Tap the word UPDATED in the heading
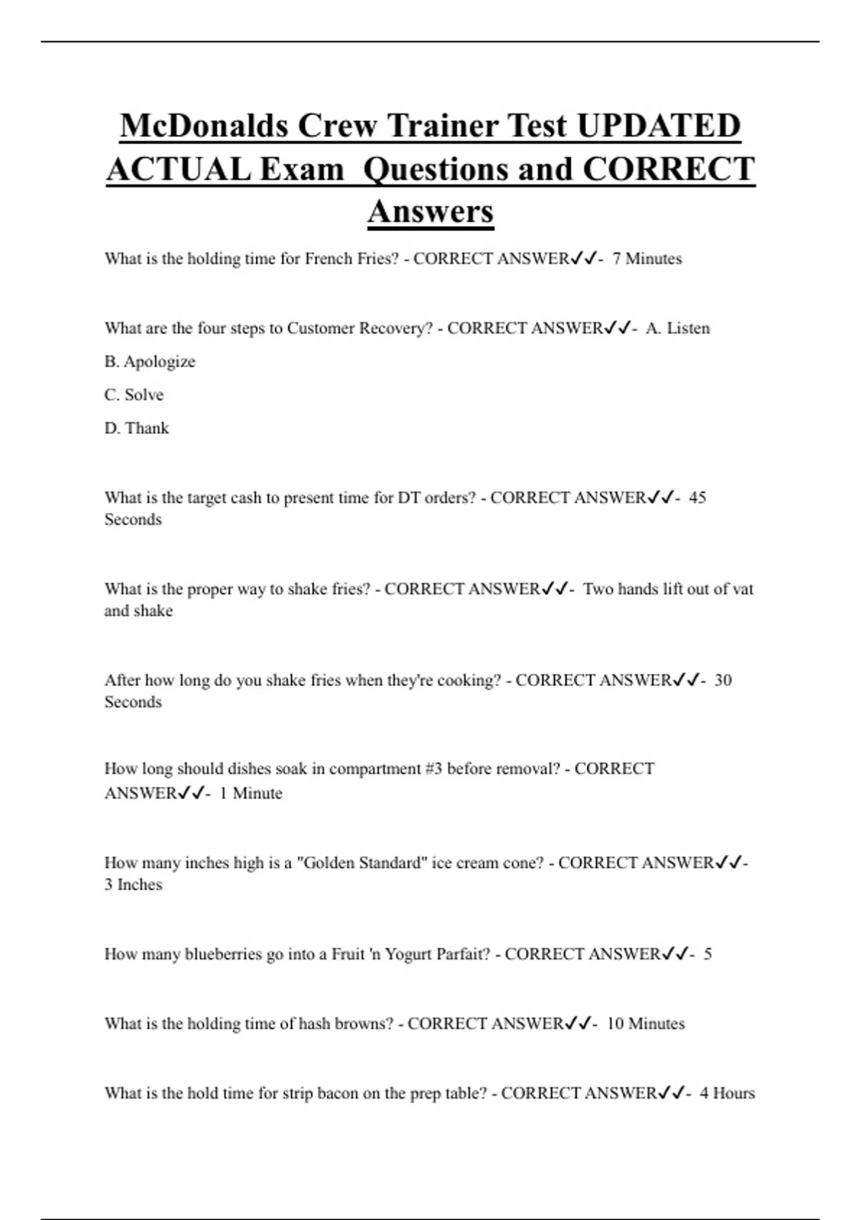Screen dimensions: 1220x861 (658, 126)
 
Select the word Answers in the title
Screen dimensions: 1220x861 (430, 211)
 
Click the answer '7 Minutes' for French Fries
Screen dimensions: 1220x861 (646, 258)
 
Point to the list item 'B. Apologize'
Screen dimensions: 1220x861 (150, 362)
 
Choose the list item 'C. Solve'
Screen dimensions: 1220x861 (134, 395)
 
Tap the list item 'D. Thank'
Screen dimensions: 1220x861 (137, 428)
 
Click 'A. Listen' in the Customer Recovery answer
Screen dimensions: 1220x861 (677, 328)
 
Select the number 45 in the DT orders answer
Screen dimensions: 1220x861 (697, 497)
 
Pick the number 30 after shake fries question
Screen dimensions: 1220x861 (723, 680)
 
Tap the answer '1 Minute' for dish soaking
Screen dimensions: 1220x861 (250, 793)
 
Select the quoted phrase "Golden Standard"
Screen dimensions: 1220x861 (361, 863)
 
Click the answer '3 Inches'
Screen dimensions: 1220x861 (133, 884)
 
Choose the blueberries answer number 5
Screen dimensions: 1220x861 (707, 954)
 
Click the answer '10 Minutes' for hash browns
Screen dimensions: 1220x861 (645, 1023)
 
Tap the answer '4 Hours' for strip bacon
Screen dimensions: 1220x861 (727, 1093)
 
